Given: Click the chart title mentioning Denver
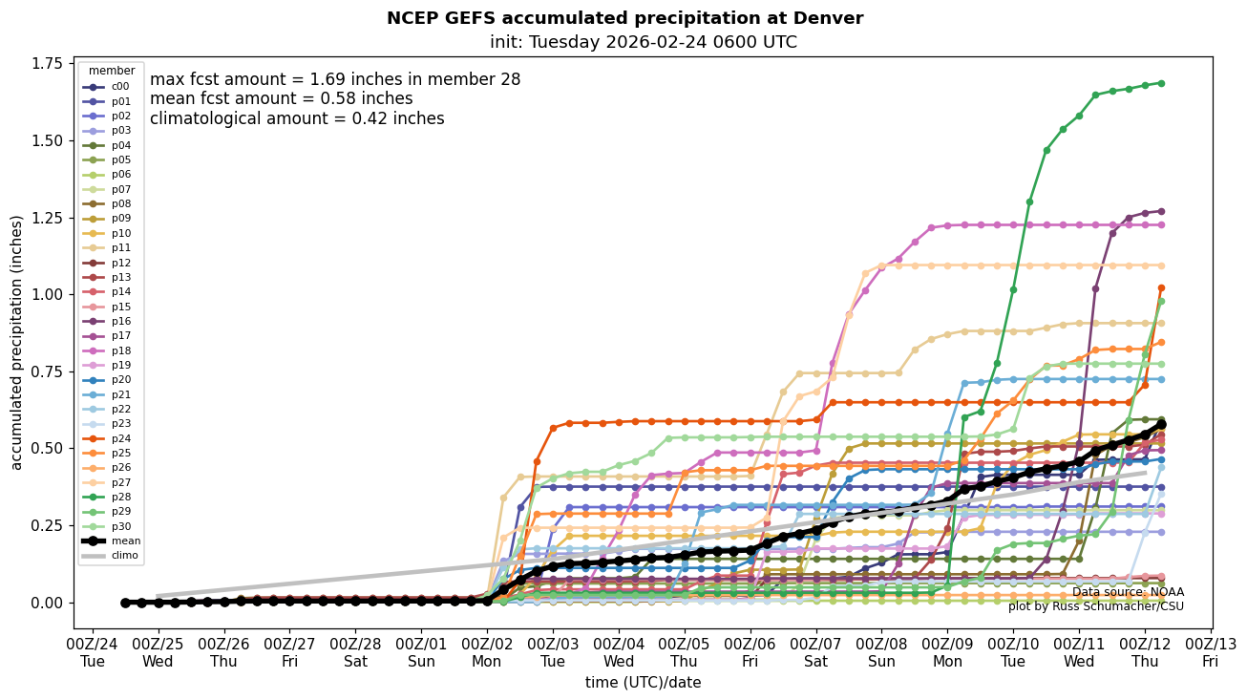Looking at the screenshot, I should pos(624,18).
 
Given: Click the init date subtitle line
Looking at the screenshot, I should pos(643,42).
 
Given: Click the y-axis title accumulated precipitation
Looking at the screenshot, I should pos(16,342).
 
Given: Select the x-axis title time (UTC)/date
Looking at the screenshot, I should pos(643,683).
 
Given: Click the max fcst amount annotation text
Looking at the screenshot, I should pos(335,80).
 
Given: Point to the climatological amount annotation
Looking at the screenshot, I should pos(297,118).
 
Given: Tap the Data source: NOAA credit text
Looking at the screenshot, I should pos(1128,592).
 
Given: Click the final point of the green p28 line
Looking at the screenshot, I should pos(1161,83).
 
